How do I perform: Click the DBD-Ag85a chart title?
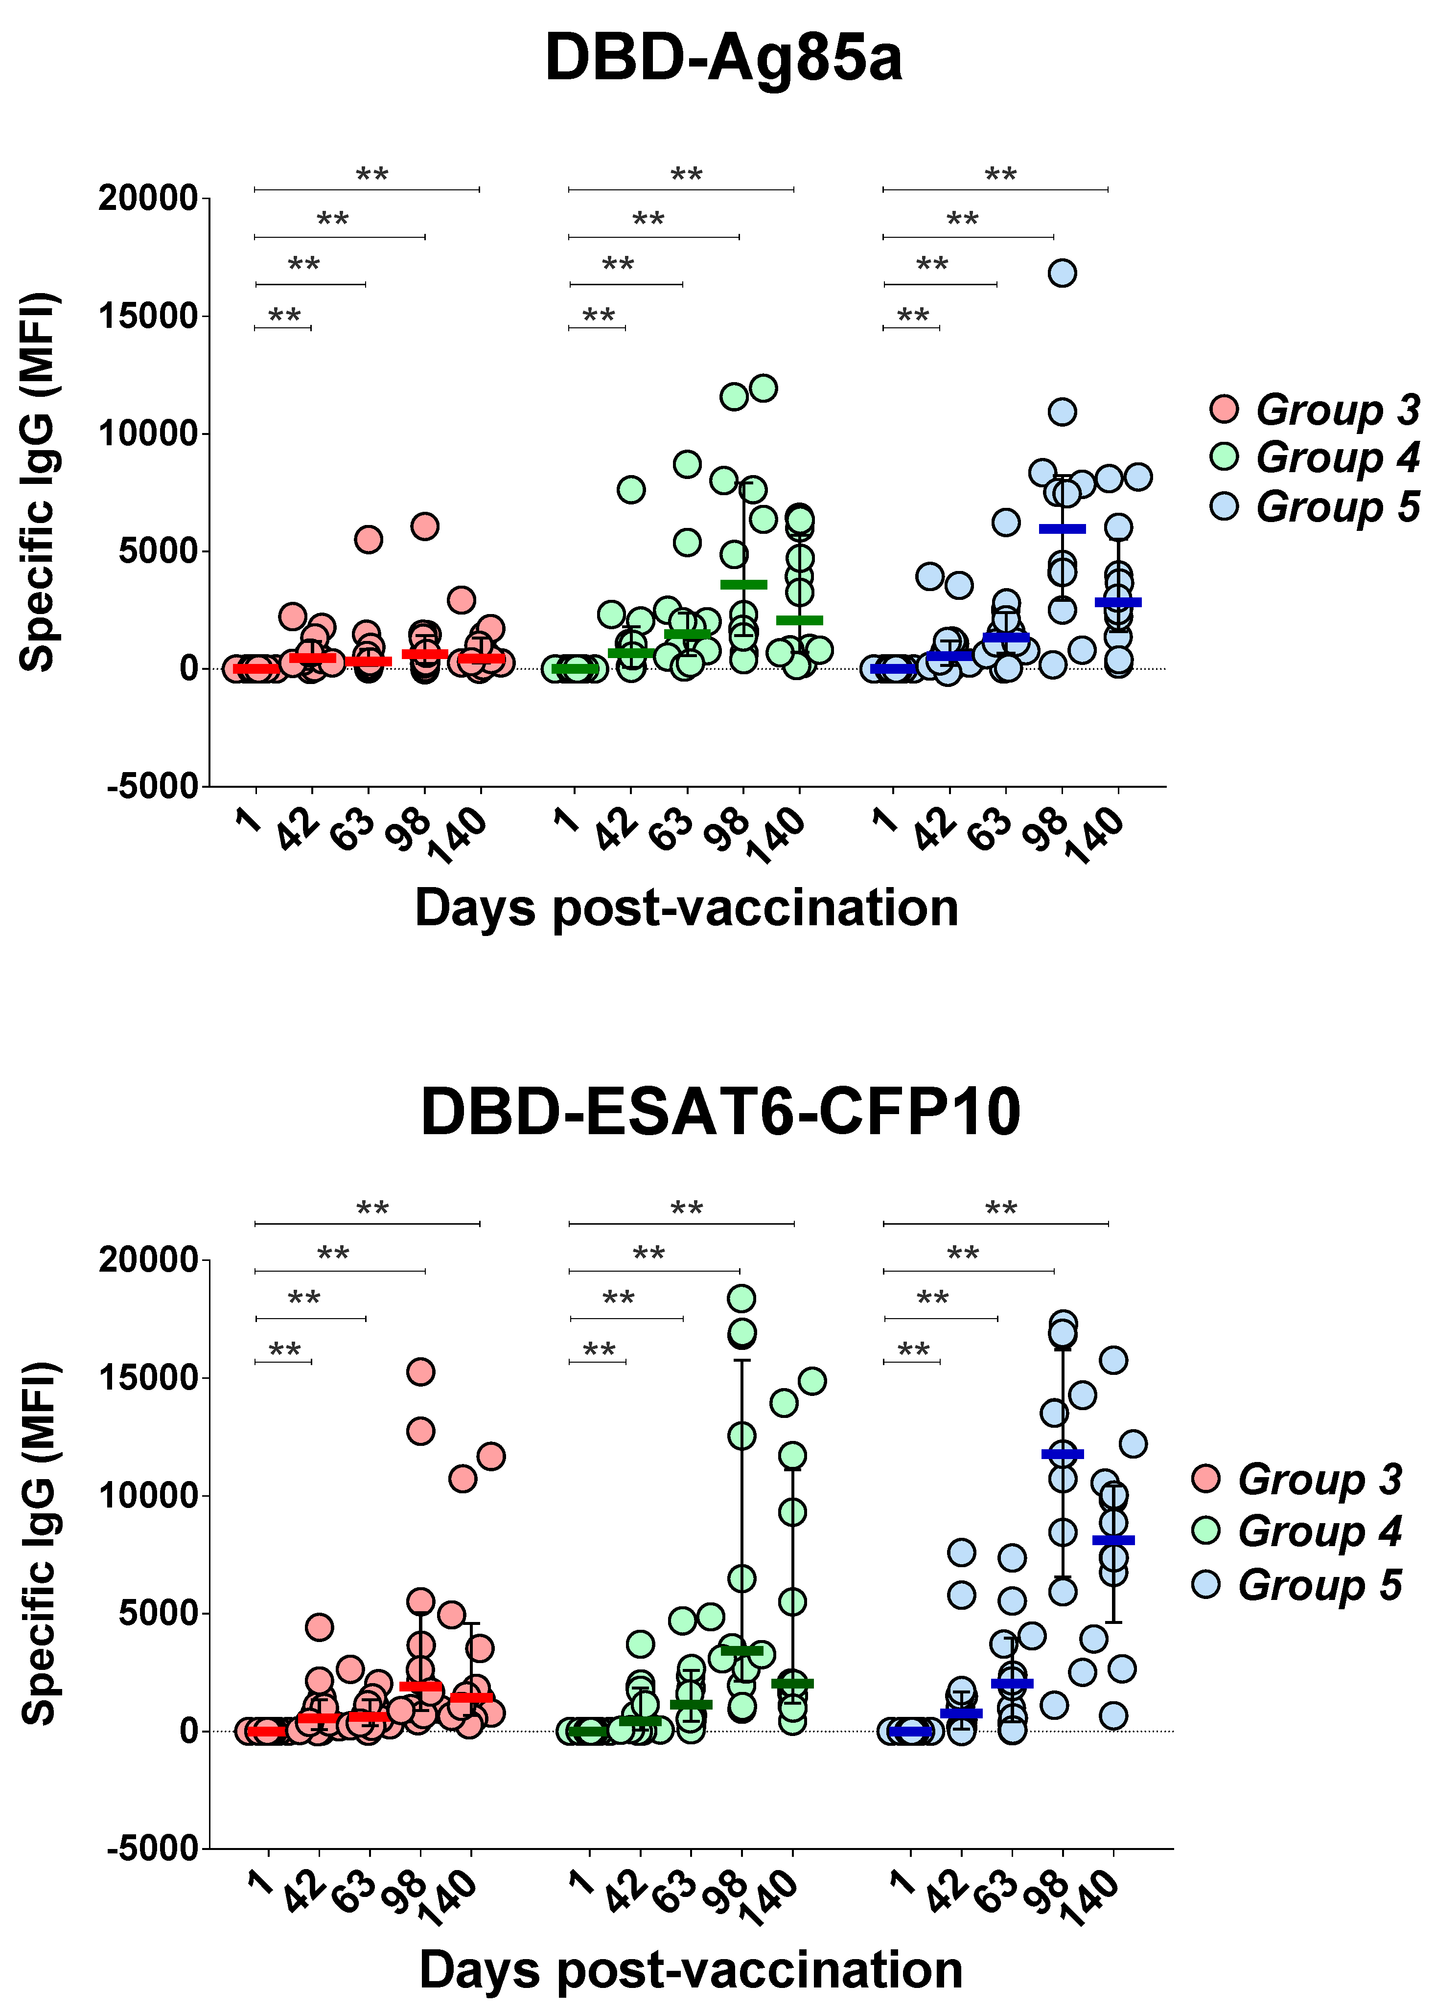click(x=723, y=58)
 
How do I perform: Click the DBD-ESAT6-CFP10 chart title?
click(x=720, y=1111)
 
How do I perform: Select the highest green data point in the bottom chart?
click(x=741, y=1298)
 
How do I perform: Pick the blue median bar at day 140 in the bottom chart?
click(x=1113, y=1540)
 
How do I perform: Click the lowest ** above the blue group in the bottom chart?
click(x=913, y=1350)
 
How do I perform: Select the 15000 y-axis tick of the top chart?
click(x=148, y=316)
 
